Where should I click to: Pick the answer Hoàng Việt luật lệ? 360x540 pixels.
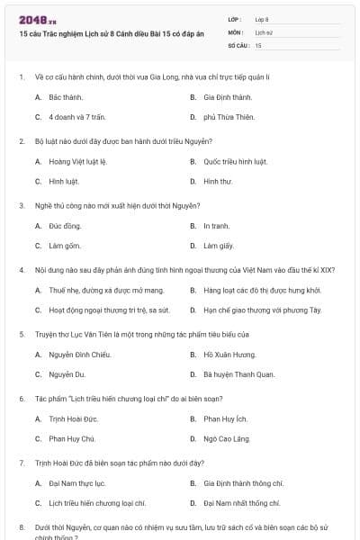pos(77,161)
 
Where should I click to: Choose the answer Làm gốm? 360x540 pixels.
pos(65,246)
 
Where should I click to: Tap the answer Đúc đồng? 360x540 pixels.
pos(65,226)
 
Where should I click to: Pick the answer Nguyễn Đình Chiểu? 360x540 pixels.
pos(79,355)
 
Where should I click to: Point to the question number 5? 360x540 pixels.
pos(21,334)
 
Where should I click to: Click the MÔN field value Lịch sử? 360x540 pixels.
pos(264,31)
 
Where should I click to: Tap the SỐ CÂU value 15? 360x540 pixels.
pos(259,44)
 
